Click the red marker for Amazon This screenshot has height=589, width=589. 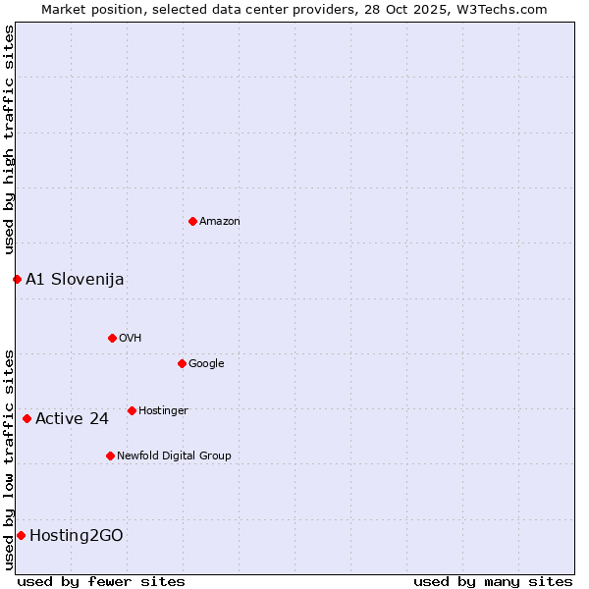[192, 221]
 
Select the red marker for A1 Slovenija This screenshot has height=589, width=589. [17, 279]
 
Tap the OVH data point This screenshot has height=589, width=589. [112, 338]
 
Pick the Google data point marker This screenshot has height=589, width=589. [182, 363]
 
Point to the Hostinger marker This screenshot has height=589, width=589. [132, 410]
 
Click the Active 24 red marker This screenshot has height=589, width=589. [27, 419]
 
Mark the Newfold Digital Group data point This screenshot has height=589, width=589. [110, 455]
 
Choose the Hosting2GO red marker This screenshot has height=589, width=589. [21, 535]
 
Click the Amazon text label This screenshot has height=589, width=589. [220, 222]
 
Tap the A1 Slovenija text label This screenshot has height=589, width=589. [75, 280]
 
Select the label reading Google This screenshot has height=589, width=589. [206, 364]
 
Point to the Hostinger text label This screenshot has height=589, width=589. [163, 411]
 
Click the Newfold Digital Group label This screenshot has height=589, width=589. [174, 456]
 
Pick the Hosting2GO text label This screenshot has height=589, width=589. [77, 536]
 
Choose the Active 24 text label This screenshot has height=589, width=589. [72, 420]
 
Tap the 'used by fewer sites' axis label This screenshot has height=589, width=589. [101, 581]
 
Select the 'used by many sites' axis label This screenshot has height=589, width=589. [493, 581]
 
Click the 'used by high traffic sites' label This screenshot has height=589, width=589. [9, 140]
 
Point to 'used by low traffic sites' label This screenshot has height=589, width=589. [9, 459]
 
